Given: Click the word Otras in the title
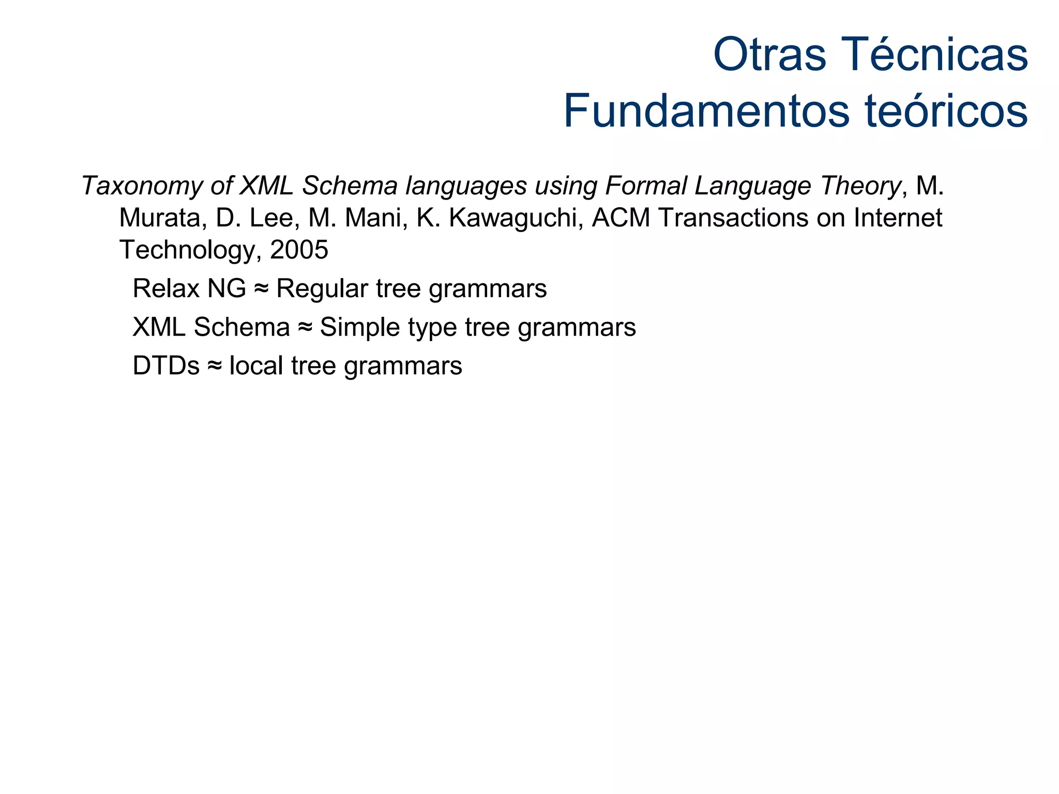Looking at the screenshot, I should (770, 55).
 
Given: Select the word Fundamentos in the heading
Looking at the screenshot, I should (706, 112).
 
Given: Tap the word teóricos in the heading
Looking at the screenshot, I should (946, 112).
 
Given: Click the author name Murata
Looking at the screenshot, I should (160, 218).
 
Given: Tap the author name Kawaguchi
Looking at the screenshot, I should (512, 218).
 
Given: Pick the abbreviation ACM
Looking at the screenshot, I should (621, 218).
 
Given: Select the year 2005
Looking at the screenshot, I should (299, 250).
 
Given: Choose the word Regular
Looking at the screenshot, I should (322, 288).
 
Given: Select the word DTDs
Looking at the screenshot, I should (166, 366).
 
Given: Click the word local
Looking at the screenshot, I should (256, 366).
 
